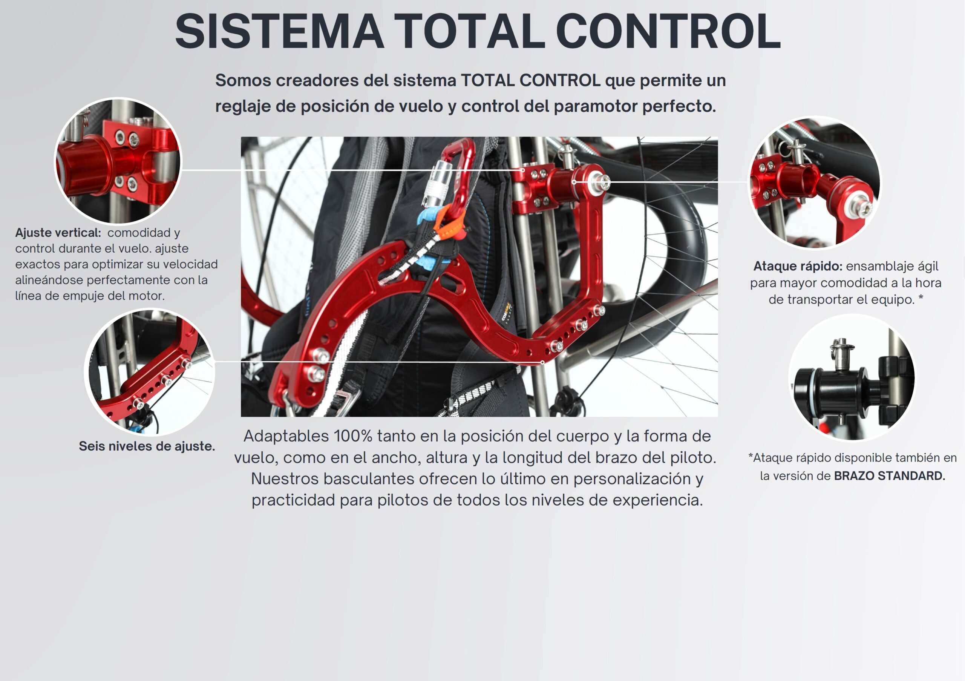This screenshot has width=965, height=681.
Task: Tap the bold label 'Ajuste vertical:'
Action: (x=58, y=232)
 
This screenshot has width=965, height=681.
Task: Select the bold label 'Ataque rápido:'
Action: (x=798, y=266)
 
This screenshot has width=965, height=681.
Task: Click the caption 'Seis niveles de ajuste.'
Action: (x=147, y=446)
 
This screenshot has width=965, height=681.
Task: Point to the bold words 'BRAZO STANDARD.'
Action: (x=889, y=476)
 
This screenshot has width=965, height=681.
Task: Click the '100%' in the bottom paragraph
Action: (x=353, y=436)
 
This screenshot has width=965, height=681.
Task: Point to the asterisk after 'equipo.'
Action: (x=921, y=298)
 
